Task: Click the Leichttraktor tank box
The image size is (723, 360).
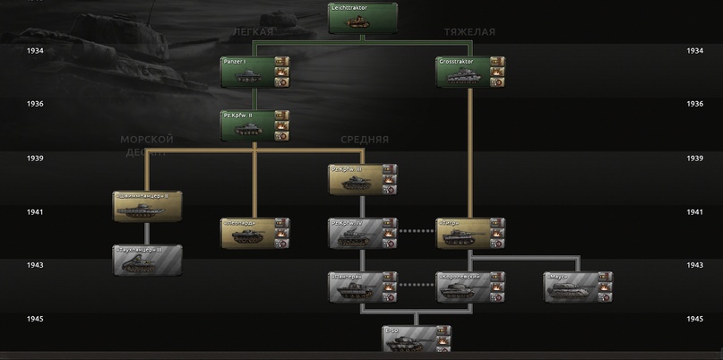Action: pyautogui.click(x=362, y=18)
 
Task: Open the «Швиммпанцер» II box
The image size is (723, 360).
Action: pyautogui.click(x=147, y=206)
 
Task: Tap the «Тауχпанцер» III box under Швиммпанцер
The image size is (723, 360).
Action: pyautogui.click(x=147, y=260)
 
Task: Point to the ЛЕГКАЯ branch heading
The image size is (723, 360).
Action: pyautogui.click(x=252, y=31)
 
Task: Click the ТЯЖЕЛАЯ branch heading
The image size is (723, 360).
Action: pyautogui.click(x=469, y=31)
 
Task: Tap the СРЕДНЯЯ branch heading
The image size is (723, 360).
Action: pyautogui.click(x=365, y=140)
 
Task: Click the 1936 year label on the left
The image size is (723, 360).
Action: pyautogui.click(x=35, y=104)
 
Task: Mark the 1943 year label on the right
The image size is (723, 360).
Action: pyautogui.click(x=694, y=265)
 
